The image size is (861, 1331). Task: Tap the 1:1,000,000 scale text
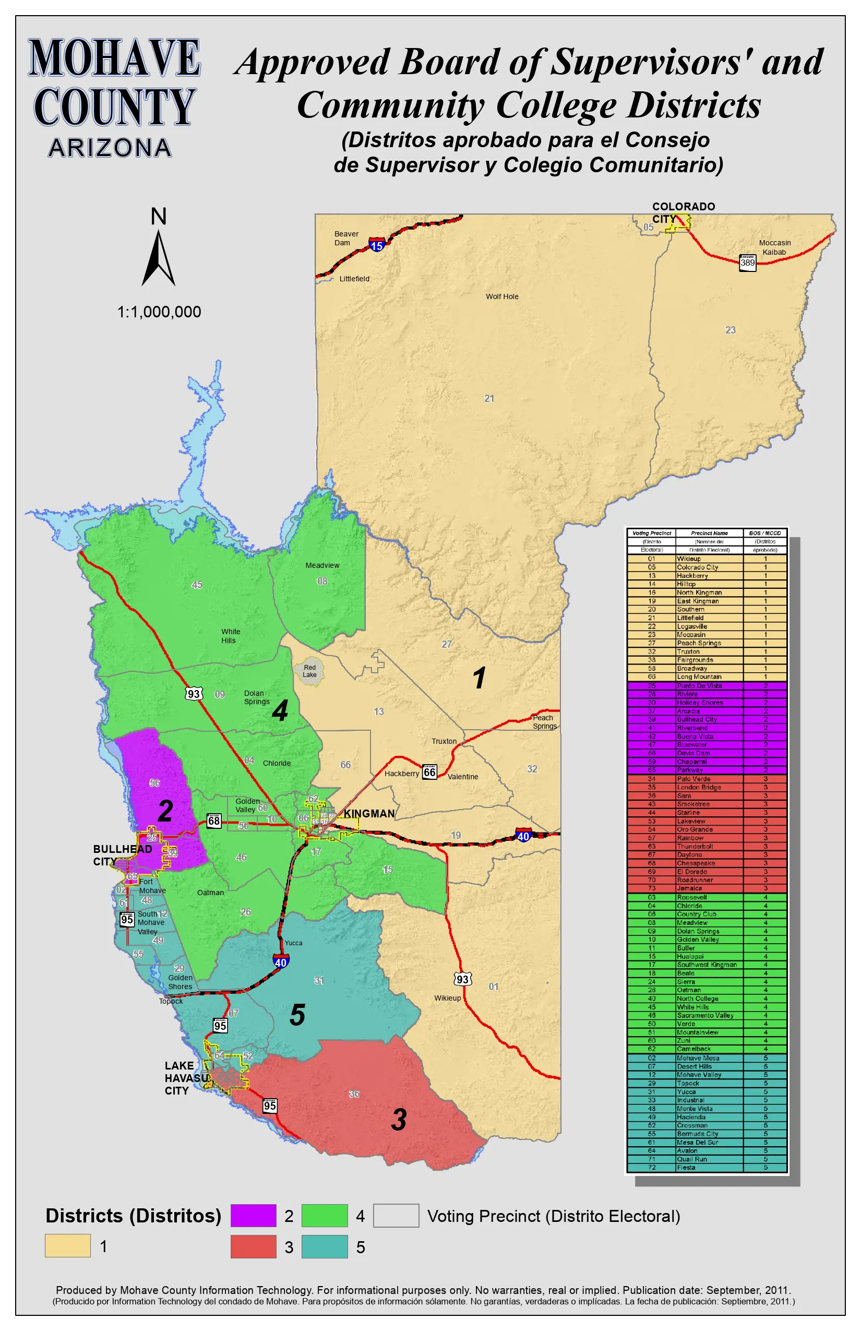tap(159, 312)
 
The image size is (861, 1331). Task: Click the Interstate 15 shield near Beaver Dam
tap(377, 245)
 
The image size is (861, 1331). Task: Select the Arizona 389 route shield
tap(747, 263)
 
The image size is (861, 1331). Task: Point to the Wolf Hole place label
tap(502, 296)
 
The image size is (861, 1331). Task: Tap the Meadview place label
tap(322, 565)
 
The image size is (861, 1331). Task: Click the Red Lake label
tap(310, 671)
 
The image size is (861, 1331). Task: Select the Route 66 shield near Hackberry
tap(429, 773)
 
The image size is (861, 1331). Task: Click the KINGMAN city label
tap(369, 814)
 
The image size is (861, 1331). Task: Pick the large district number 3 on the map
tap(399, 1120)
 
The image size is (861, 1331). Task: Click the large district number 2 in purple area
tap(165, 811)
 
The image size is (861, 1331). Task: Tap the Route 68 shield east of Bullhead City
tap(213, 821)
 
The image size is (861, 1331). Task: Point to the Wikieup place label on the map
tap(447, 997)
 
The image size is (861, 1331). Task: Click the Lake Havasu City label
tap(186, 1078)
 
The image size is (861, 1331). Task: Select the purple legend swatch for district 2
tap(253, 1215)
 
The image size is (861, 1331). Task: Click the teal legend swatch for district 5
tap(324, 1246)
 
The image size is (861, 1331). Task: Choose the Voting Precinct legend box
tap(396, 1215)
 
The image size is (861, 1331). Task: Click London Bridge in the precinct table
tap(699, 787)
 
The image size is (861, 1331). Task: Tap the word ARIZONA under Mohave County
tap(110, 148)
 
